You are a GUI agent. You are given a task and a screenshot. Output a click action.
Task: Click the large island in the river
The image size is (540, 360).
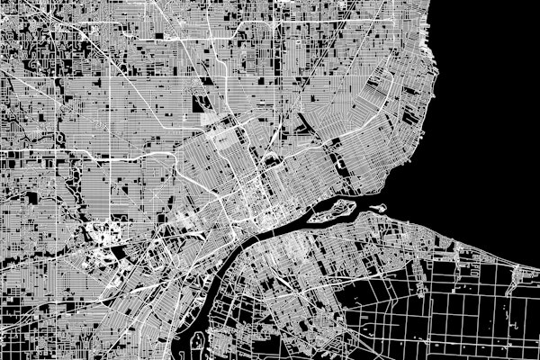click(333, 211)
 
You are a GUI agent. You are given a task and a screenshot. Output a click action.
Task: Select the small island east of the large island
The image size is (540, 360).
click(378, 207)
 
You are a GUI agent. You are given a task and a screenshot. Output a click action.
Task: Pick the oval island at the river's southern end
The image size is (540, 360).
click(193, 342)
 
